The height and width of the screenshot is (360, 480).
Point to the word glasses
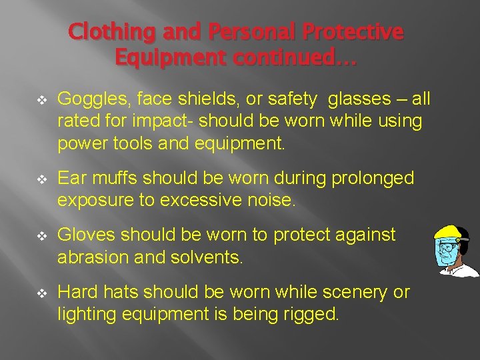(x=360, y=99)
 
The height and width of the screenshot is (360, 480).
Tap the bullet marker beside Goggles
(x=43, y=100)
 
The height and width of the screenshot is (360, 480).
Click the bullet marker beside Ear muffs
(x=43, y=179)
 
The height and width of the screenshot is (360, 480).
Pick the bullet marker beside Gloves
(x=43, y=236)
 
